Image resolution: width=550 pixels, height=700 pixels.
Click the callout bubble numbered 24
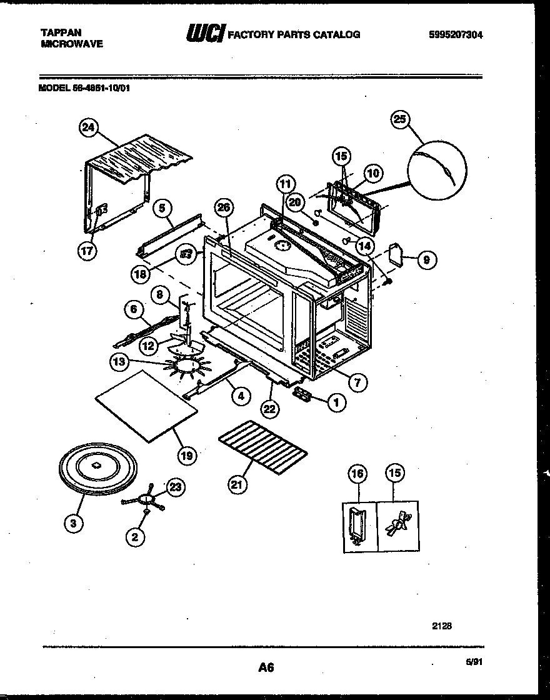click(x=89, y=128)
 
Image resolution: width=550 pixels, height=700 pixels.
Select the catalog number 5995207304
click(x=456, y=35)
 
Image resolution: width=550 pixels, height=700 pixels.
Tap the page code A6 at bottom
click(x=266, y=667)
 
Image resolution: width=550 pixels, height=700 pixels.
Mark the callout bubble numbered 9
click(x=426, y=260)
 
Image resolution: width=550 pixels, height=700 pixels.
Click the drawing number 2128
click(x=442, y=624)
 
